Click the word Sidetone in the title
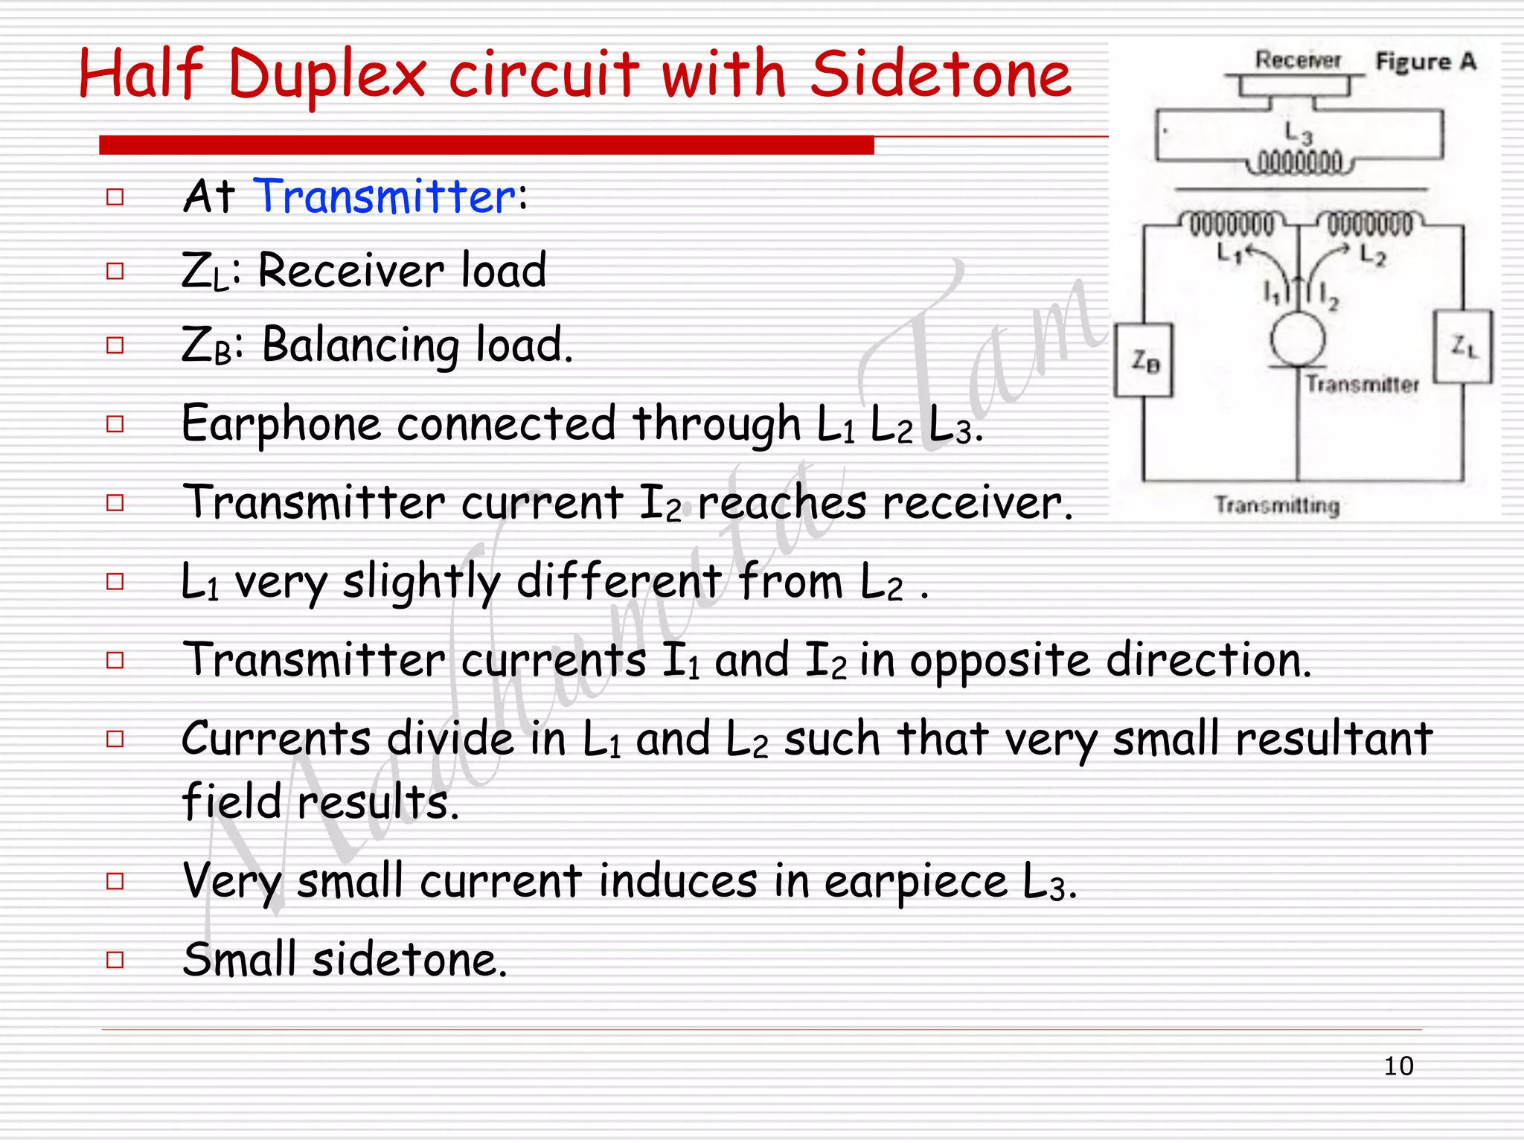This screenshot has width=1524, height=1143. [940, 74]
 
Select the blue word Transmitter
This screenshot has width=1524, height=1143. [385, 196]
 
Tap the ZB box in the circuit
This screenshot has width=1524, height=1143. [1144, 361]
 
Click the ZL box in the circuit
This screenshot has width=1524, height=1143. [1463, 347]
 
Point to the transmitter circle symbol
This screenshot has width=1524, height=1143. [1298, 339]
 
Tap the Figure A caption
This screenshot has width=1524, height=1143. [1425, 61]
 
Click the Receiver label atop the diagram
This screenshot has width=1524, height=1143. [1298, 60]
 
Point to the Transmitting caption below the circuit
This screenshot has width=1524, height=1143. [1277, 505]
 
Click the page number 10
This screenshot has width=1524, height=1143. [1398, 1066]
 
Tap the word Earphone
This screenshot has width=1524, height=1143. [281, 424]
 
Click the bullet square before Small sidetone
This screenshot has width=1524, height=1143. [115, 959]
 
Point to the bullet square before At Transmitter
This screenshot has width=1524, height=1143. [115, 197]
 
